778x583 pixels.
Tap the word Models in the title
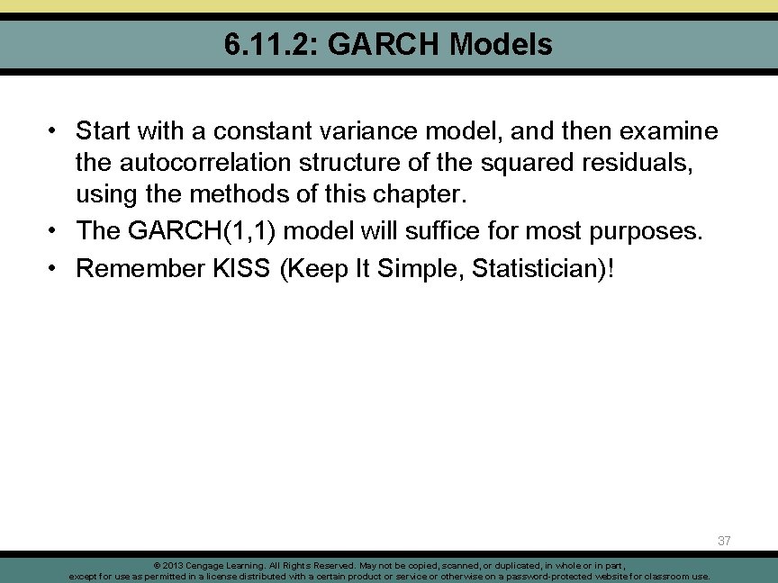(502, 43)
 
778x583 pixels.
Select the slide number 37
(724, 541)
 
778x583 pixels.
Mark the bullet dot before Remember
(55, 268)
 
